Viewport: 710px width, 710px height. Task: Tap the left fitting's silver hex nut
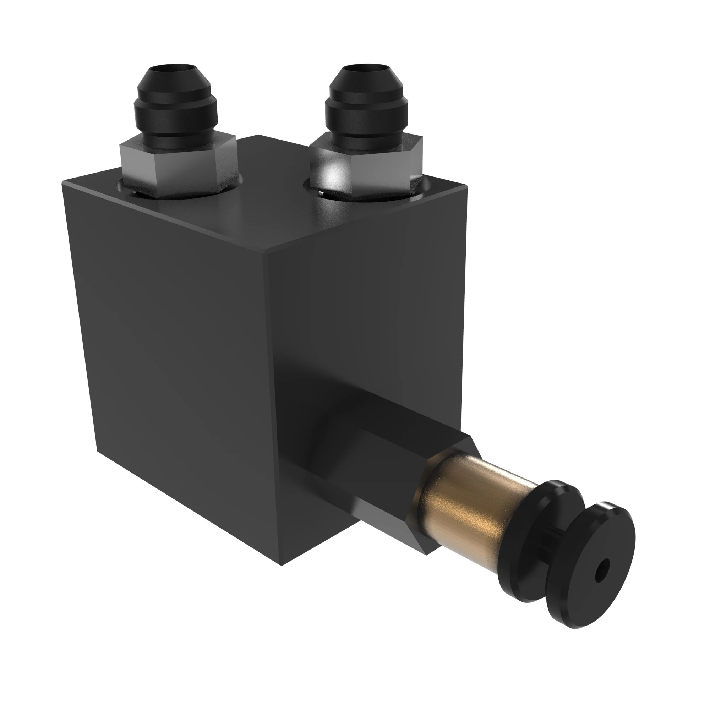pos(176,167)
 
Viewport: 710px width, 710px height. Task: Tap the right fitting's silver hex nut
pos(367,169)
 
